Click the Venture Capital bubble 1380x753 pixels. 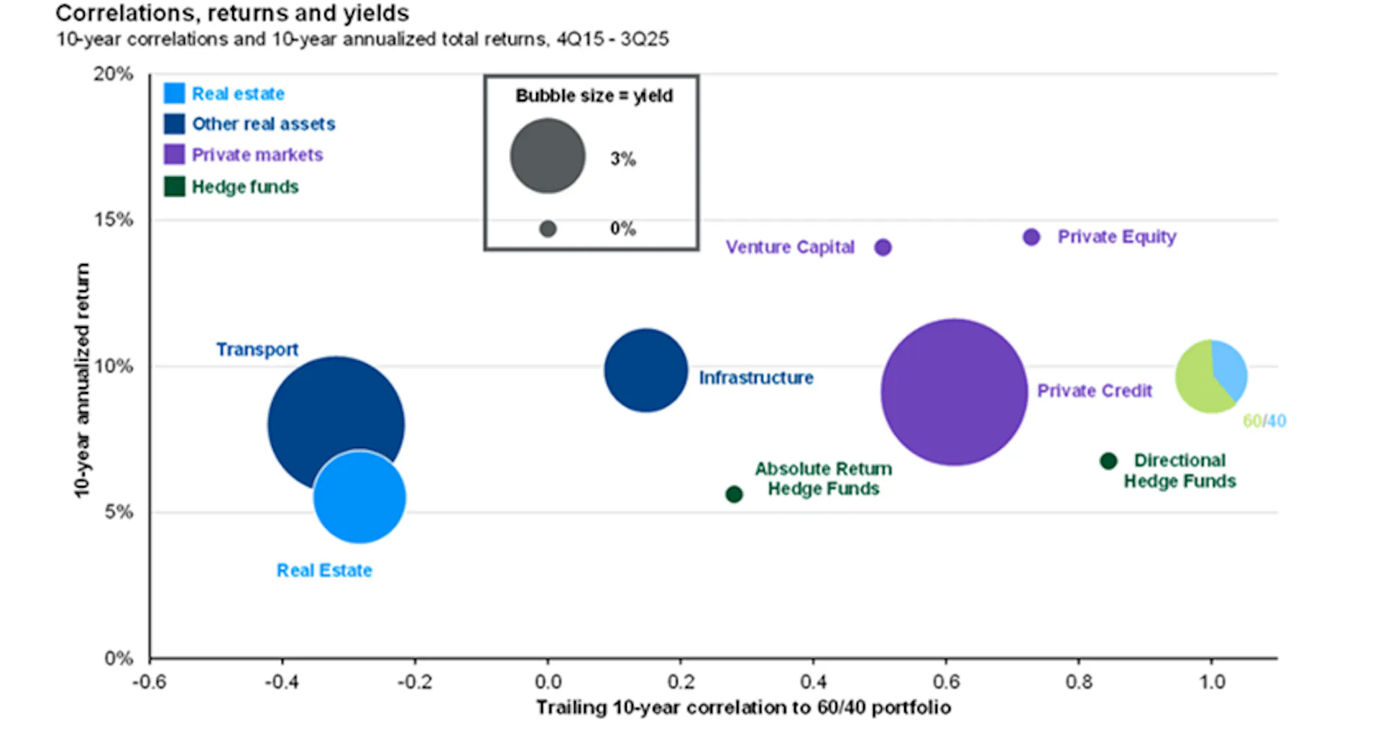[x=883, y=247]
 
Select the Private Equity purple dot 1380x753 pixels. [x=1031, y=237]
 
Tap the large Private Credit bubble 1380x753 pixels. [x=954, y=392]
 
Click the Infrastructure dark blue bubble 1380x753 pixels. [x=645, y=370]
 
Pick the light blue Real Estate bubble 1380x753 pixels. [x=359, y=497]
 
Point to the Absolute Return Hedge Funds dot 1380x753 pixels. [x=734, y=494]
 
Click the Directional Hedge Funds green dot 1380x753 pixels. [x=1108, y=460]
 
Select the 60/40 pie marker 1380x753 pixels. [x=1211, y=376]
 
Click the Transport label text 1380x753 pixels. [x=257, y=350]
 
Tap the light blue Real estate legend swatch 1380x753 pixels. [x=174, y=93]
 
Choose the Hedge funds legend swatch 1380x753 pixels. [x=174, y=187]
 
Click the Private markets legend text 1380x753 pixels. [x=257, y=155]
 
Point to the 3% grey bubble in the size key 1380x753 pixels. [x=548, y=156]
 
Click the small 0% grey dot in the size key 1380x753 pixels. [x=548, y=229]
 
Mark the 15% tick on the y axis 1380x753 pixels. [x=114, y=220]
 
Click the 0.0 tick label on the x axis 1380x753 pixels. [x=548, y=682]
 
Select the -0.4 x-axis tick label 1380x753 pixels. [x=282, y=682]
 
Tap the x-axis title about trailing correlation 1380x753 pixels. [x=743, y=708]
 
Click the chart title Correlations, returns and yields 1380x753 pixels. [x=232, y=13]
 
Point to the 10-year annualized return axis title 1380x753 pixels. [x=83, y=380]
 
